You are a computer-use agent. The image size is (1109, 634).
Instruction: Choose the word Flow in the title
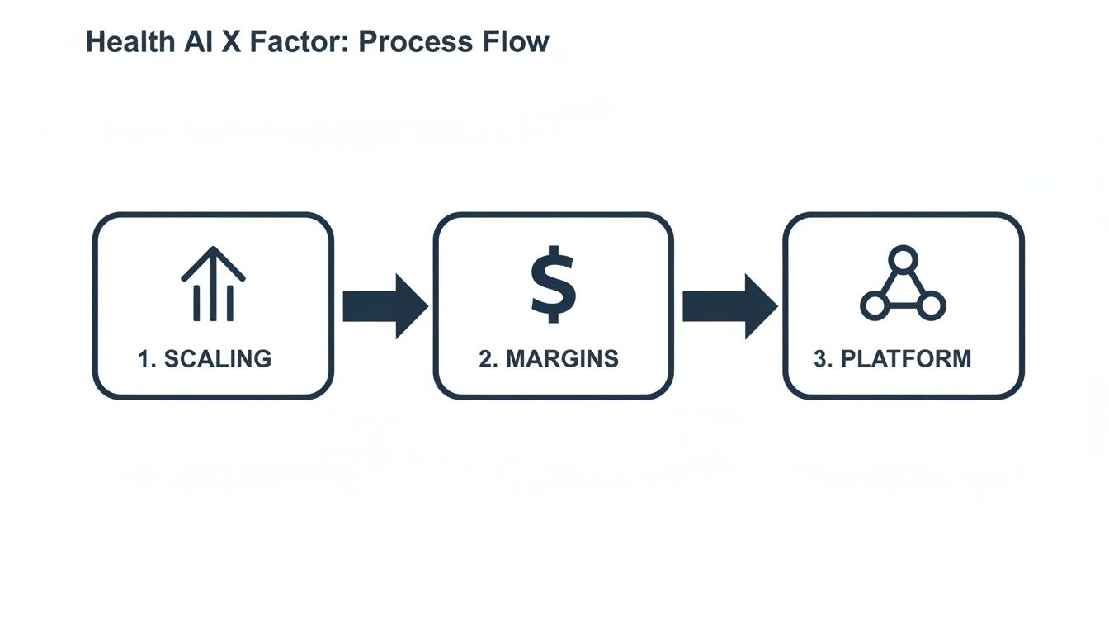point(516,42)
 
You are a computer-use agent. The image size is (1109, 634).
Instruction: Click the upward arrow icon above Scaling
point(213,284)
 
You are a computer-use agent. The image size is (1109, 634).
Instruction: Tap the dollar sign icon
point(553,284)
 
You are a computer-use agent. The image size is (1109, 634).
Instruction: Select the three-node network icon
point(903,285)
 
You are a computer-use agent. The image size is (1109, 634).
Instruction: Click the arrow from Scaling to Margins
point(385,306)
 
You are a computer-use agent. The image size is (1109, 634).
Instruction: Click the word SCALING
point(218,359)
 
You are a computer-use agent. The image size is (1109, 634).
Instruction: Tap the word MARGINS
point(562,359)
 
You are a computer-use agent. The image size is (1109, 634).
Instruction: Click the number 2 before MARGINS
point(486,359)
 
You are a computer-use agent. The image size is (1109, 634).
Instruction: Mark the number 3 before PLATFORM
point(821,359)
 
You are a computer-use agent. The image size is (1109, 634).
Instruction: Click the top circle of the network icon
point(903,259)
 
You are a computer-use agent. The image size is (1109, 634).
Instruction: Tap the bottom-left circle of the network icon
point(874,306)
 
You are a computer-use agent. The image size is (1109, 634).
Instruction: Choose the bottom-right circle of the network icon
point(931,306)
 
